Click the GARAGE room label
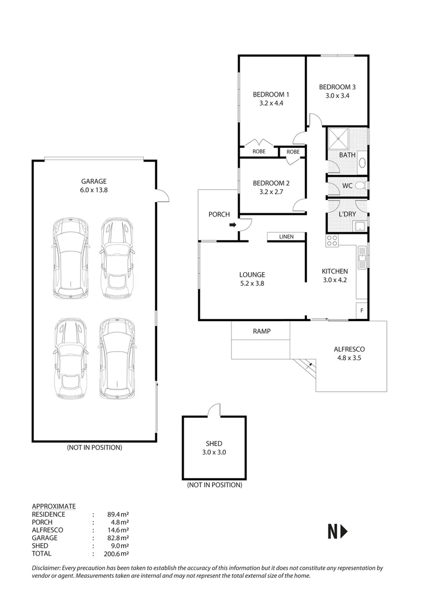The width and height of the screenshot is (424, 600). pos(94,181)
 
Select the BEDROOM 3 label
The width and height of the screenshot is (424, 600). pos(337,87)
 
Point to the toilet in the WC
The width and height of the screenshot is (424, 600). pos(359,185)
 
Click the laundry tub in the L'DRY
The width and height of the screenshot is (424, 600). pos(360,225)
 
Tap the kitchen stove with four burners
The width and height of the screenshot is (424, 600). pos(332,241)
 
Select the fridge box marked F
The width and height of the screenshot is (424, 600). pos(362,311)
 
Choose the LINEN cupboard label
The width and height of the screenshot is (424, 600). pos(286,237)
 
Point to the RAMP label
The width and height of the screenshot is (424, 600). pos(261,332)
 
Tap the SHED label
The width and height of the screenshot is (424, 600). pos(214,443)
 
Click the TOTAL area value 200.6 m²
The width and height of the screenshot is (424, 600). pos(117,553)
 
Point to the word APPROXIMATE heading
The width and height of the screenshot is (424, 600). pos(54,506)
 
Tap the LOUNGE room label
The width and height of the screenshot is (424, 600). pos(252,274)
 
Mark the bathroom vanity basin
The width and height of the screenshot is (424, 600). pos(362,163)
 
